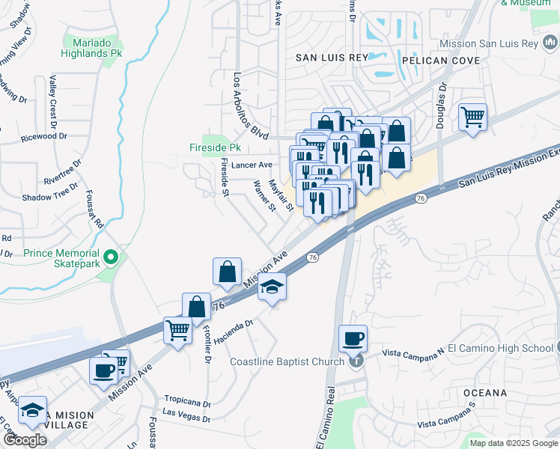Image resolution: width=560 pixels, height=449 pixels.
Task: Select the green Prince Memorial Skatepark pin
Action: (112, 258)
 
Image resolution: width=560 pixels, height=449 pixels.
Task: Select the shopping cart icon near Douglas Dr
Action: (472, 116)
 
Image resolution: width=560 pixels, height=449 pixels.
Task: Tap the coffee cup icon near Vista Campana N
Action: (353, 337)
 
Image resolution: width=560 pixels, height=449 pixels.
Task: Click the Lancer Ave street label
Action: (252, 165)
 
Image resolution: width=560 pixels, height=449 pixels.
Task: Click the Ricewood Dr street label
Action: (44, 137)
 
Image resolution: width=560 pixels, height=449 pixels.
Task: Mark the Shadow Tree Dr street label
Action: (50, 197)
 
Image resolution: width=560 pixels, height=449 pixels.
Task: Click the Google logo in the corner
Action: (25, 440)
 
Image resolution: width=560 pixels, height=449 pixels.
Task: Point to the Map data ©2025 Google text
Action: (513, 443)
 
